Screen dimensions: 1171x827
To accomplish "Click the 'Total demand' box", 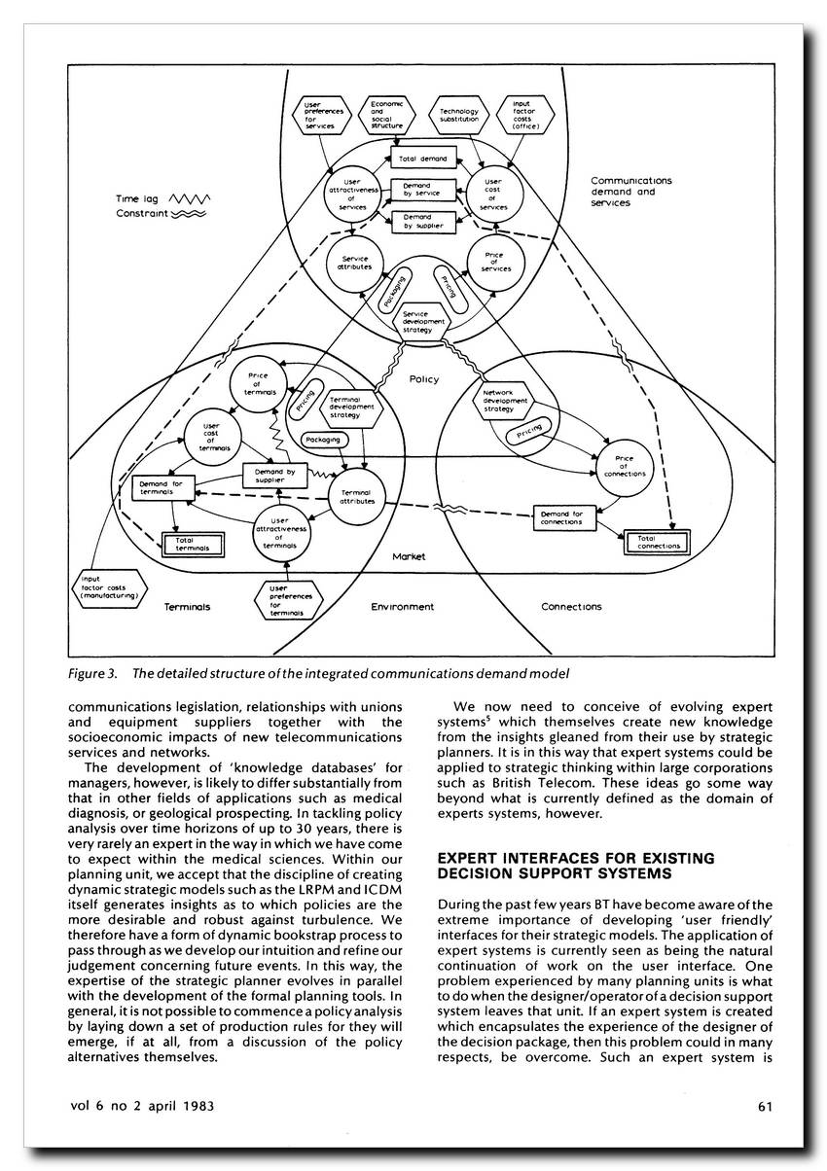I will [422, 157].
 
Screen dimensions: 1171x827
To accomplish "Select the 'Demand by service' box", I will [422, 190].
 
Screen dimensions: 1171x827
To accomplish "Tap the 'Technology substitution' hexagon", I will [458, 116].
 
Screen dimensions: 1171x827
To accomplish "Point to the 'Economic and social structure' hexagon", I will [387, 114].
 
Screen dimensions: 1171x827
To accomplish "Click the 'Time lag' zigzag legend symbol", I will [191, 199].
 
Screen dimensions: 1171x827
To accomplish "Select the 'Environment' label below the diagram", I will [402, 606].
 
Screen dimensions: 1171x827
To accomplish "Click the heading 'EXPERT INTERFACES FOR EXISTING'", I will [576, 858].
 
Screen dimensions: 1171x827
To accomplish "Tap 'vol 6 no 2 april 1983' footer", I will [142, 1105].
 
